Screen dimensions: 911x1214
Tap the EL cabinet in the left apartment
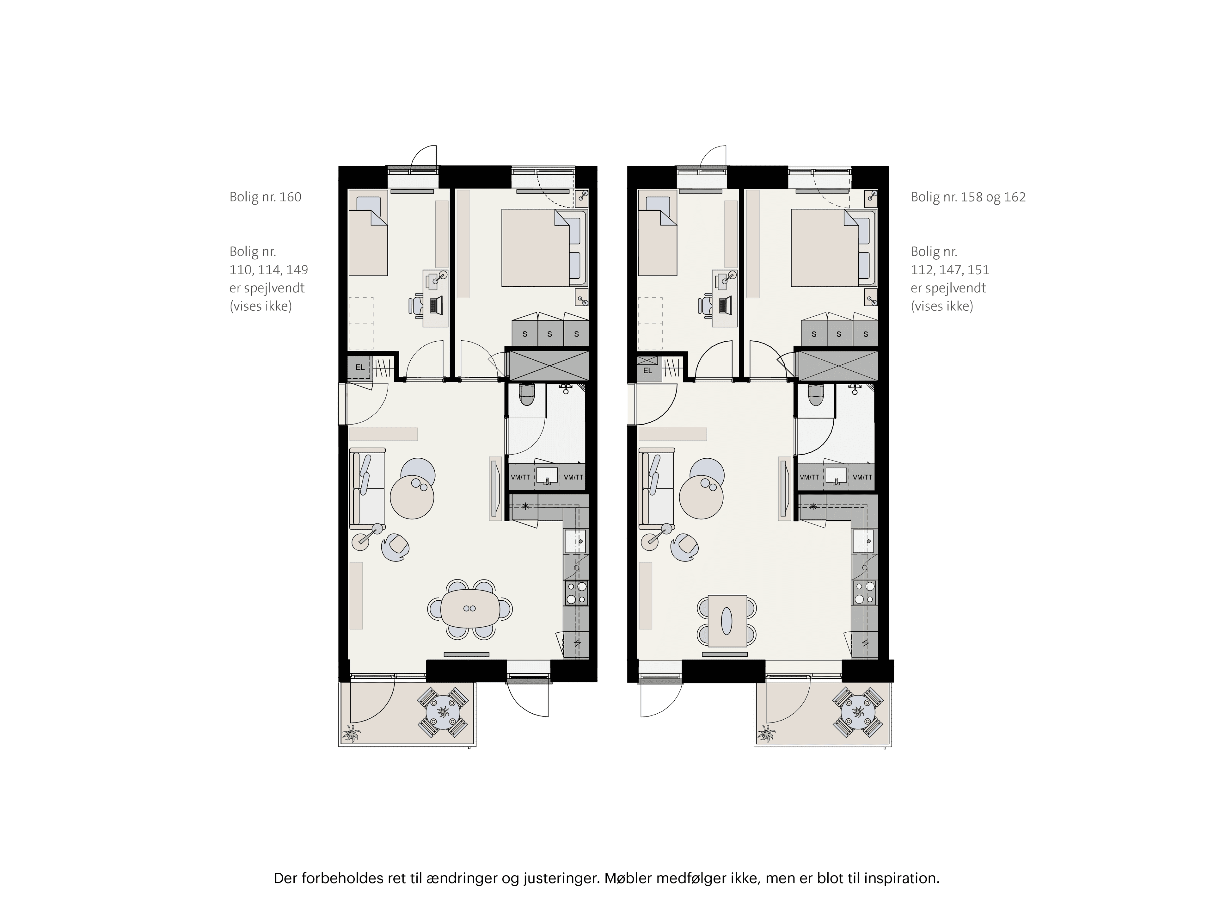pyautogui.click(x=359, y=367)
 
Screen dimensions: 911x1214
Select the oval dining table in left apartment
pyautogui.click(x=470, y=608)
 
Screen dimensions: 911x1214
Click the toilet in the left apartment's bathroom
pyautogui.click(x=526, y=394)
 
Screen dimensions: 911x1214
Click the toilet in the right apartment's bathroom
pyautogui.click(x=816, y=394)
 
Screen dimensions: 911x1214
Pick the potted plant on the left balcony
pyautogui.click(x=350, y=733)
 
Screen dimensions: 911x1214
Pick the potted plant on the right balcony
pyautogui.click(x=765, y=733)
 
